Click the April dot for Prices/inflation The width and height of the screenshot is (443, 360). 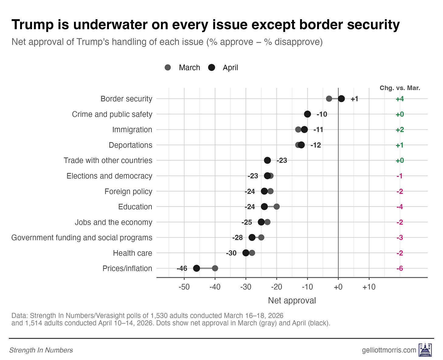click(x=197, y=268)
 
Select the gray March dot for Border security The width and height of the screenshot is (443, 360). click(x=329, y=99)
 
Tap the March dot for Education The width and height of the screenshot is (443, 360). click(x=277, y=207)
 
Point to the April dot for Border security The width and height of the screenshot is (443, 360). click(x=341, y=99)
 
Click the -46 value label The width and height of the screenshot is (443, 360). click(x=182, y=268)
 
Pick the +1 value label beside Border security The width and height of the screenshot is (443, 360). click(x=354, y=99)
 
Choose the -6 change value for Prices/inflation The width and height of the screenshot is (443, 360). click(x=399, y=268)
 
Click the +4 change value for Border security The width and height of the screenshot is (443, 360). click(x=399, y=99)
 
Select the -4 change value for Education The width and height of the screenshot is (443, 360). click(x=399, y=207)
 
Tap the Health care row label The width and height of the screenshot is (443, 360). click(x=132, y=253)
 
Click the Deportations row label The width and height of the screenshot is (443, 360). click(x=130, y=145)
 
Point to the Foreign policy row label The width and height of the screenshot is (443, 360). click(x=128, y=191)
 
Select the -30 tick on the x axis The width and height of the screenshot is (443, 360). click(x=246, y=287)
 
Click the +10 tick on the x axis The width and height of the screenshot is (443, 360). click(x=369, y=287)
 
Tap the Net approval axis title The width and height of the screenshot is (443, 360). click(x=292, y=301)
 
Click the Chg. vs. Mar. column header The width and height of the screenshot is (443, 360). click(x=400, y=88)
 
